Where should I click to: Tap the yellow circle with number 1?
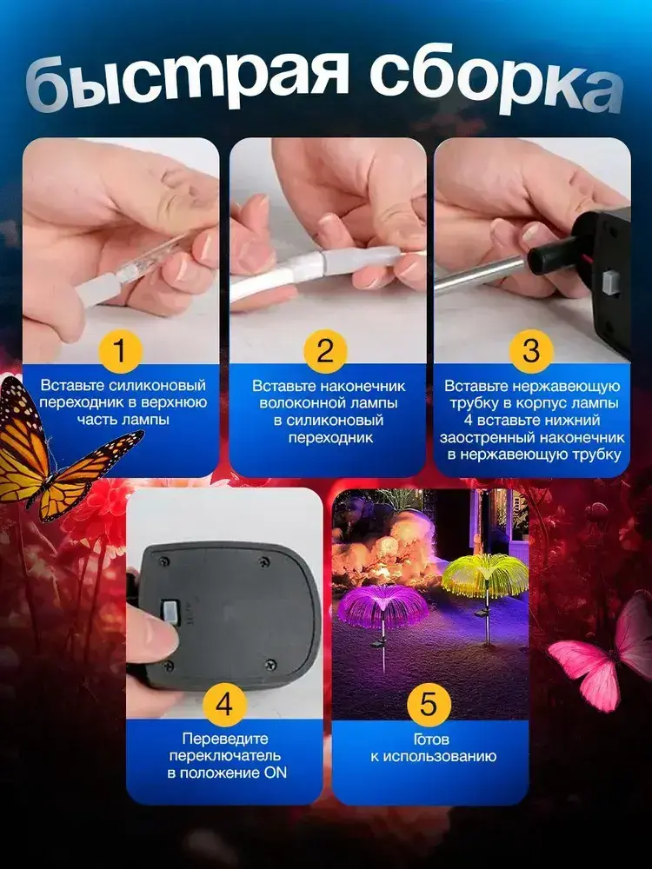pos(120,350)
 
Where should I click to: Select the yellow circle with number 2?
pos(325,350)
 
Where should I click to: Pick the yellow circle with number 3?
pos(530,350)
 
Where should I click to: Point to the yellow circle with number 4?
pos(224,705)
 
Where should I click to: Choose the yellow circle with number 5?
pos(429,705)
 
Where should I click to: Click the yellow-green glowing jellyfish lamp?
pos(486,576)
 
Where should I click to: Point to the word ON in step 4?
pos(275,773)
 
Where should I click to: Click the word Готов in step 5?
pos(431,740)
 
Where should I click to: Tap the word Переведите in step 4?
pos(225,739)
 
